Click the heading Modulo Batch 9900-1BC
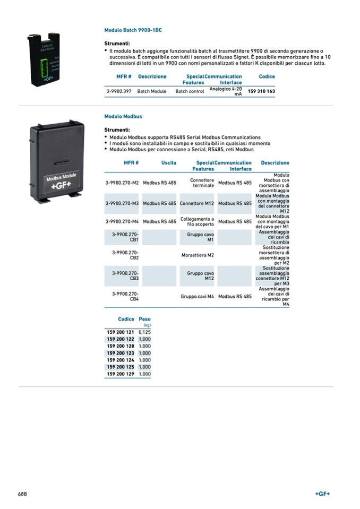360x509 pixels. tap(133, 31)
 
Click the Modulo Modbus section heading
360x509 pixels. tap(123, 116)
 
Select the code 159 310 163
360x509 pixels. tap(262, 91)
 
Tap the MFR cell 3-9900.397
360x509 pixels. tap(119, 91)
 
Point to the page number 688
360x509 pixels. tap(22, 494)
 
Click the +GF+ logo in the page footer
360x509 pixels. tap(322, 494)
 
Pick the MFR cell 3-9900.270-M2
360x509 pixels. tap(122, 183)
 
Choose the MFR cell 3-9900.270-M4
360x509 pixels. tap(122, 221)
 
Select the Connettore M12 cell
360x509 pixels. tap(197, 203)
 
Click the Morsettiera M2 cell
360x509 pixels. tap(198, 255)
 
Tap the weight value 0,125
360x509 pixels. tap(144, 332)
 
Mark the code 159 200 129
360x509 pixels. tap(121, 374)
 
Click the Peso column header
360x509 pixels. tap(144, 320)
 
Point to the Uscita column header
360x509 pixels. tap(169, 163)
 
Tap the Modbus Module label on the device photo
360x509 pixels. tap(62, 176)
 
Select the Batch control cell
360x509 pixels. tap(190, 91)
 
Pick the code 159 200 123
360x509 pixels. tap(121, 353)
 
